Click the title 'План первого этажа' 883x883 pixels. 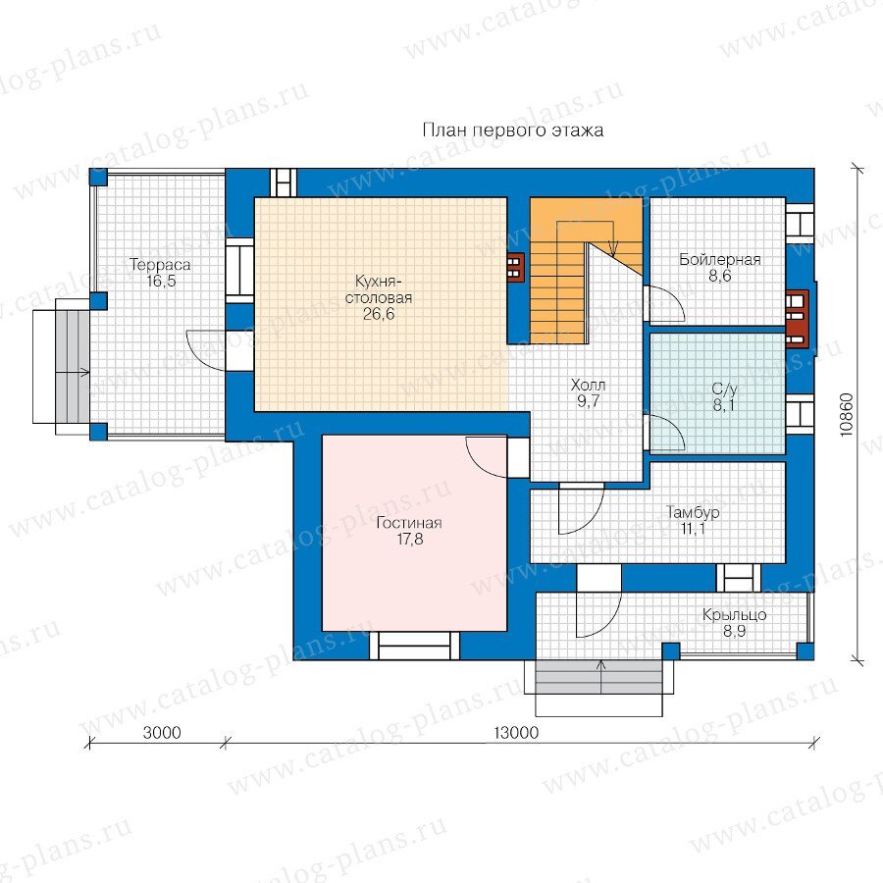pos(513,130)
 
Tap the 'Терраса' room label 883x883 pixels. pos(161,264)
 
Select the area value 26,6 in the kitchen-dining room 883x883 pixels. pos(379,314)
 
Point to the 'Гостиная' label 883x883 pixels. pos(409,523)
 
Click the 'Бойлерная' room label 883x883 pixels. pos(720,260)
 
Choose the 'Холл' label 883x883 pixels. pos(588,386)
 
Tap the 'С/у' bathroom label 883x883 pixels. pos(724,390)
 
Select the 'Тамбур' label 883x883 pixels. pos(693,512)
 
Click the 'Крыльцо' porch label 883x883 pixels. pos(734,614)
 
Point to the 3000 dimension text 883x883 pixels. pos(162,733)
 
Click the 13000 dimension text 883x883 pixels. pos(516,733)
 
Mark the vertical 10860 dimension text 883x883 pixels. pos(847,415)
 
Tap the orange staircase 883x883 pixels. pos(586,271)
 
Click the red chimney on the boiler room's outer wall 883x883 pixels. pos(798,317)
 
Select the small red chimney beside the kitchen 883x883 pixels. pos(515,266)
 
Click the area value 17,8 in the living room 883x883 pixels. pos(409,539)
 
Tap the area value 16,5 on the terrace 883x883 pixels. pos(161,281)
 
